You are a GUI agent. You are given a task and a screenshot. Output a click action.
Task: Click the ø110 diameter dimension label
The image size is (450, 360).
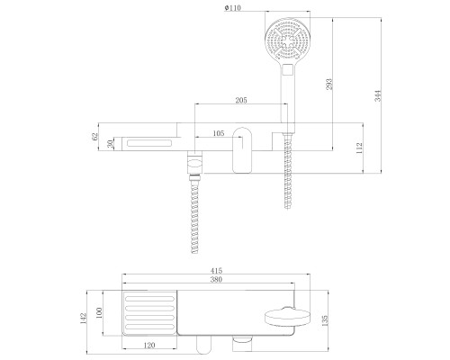point(232,8)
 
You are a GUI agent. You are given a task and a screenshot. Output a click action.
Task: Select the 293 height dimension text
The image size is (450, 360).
point(329,85)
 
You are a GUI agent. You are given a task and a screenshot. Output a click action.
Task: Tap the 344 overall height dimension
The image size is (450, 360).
point(378,95)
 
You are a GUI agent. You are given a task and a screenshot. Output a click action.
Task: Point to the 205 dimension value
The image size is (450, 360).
point(241,100)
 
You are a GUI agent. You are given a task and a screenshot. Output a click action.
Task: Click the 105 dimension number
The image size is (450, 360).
point(219,133)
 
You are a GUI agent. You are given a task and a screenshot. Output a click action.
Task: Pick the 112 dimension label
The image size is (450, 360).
point(359,148)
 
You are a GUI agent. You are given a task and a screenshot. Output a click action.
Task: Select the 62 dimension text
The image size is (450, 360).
point(94,137)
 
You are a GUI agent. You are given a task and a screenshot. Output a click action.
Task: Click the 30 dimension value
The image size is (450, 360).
point(111,144)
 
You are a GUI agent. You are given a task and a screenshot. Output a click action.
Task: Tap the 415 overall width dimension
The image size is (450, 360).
point(216,271)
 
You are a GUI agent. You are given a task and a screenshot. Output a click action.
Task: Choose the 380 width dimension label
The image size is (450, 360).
point(216,279)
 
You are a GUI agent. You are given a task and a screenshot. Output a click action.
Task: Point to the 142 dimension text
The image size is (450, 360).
point(83,319)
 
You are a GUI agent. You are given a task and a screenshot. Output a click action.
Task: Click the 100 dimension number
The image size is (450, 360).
point(100,312)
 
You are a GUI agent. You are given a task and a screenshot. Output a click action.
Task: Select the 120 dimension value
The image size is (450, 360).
point(149,346)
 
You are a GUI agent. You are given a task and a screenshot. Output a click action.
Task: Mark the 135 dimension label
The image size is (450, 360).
point(325,320)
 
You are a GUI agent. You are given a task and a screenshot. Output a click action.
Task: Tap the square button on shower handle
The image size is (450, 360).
point(287,69)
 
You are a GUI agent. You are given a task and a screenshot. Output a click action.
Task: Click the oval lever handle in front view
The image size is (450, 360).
point(242,150)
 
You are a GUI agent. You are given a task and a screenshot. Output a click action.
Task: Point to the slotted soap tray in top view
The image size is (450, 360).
point(149,313)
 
